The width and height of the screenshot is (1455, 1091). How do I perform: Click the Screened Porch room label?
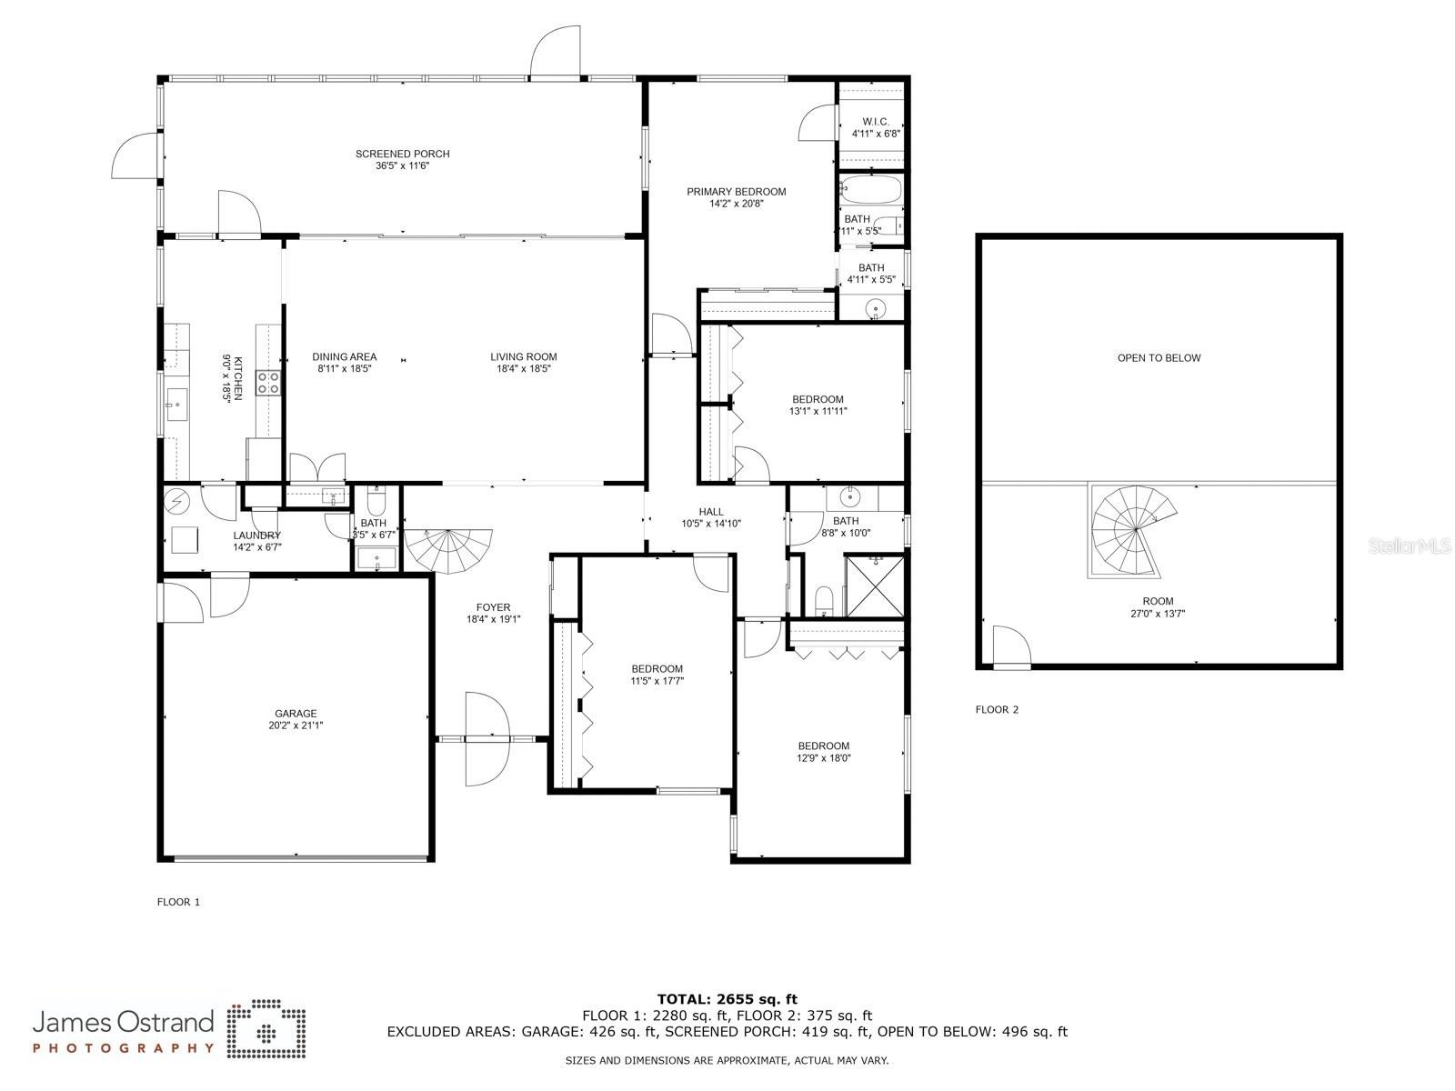coord(402,160)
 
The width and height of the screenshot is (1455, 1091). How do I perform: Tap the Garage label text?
coord(296,719)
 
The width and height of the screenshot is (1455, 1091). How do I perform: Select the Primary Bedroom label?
coord(736,197)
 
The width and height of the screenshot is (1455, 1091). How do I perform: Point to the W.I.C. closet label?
coord(876,127)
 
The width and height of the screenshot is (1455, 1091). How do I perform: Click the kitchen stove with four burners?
coord(268,383)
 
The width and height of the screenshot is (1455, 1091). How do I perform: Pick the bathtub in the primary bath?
coord(871,190)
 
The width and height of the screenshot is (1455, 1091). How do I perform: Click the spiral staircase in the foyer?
coord(448,550)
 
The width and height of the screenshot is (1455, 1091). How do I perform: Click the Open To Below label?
coord(1159,357)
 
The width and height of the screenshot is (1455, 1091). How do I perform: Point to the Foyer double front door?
coord(487,738)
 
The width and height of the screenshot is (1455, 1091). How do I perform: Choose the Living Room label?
coord(523,363)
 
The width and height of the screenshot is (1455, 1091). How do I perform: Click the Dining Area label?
coord(344,363)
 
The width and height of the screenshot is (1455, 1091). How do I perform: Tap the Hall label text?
coord(710,517)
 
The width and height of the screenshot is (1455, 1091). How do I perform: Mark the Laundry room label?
coord(257,541)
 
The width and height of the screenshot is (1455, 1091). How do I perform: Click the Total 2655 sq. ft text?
coord(727,999)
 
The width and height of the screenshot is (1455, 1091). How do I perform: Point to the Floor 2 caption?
coord(997,709)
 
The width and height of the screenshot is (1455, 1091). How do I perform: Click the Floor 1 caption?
coord(178,902)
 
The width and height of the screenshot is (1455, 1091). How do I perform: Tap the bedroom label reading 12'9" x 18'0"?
coord(823,752)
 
